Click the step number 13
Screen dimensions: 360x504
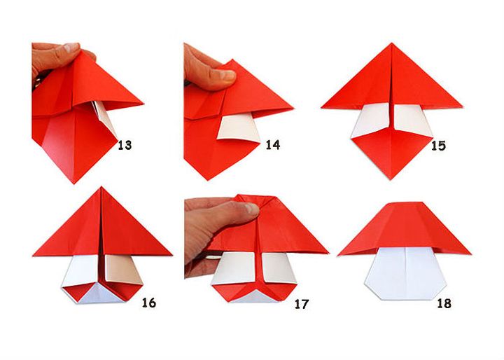125,146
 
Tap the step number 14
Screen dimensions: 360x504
273,146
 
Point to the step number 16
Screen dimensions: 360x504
148,303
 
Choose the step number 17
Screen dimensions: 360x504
302,304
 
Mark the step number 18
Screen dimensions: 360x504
443,303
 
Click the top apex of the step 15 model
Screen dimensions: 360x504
391,44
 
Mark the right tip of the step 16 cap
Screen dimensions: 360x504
171,254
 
